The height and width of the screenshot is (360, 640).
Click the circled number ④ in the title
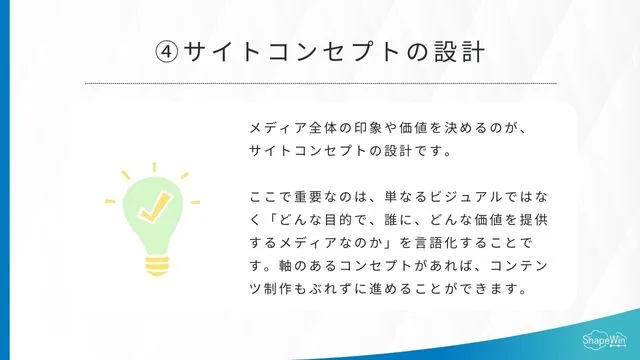(x=167, y=51)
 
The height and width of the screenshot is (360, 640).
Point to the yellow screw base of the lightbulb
(x=154, y=264)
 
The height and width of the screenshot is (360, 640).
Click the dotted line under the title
(x=320, y=83)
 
